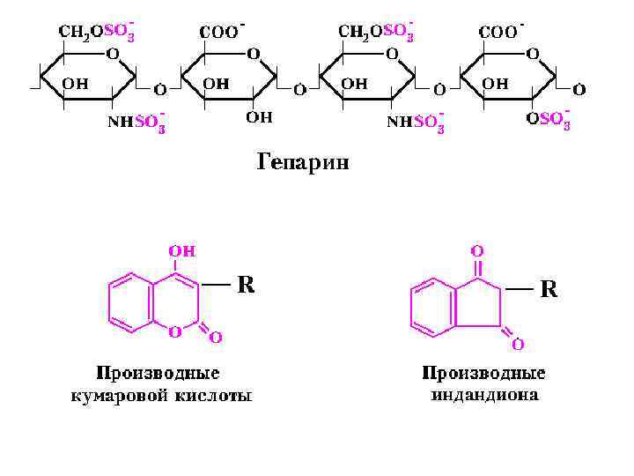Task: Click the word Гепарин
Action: coord(303,162)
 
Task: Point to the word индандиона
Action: coord(484,394)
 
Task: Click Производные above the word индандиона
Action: coord(484,373)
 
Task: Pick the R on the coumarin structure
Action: coord(247,284)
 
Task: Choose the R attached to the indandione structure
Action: coord(548,288)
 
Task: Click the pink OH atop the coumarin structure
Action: coord(182,249)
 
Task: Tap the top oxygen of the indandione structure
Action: coord(476,250)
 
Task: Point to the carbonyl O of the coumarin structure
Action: coord(214,336)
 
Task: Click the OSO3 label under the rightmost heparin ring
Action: coord(549,118)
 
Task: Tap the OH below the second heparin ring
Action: coord(259,116)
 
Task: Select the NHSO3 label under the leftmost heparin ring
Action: coord(137,123)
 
